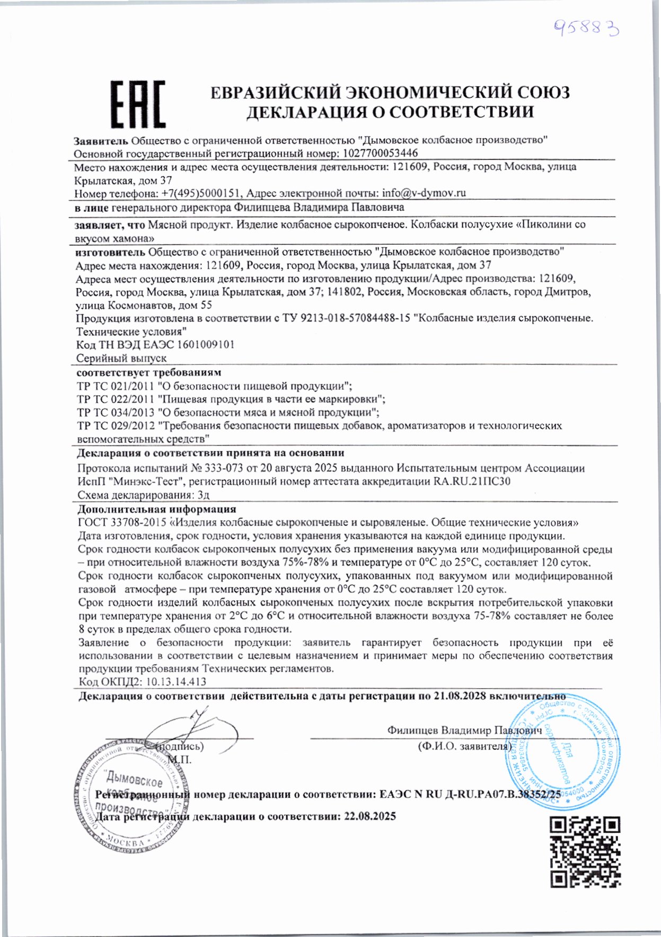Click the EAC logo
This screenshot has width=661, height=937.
pos(138,104)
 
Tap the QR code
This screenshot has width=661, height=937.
pos(585,852)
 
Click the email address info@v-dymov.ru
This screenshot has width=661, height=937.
pos(423,193)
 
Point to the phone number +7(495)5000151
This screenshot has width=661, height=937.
pos(201,193)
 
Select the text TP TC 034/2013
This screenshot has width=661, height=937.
pos(116,412)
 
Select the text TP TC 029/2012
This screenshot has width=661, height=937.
pos(116,426)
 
